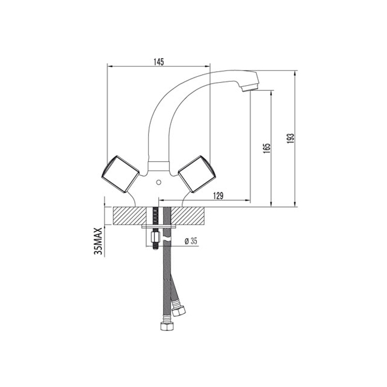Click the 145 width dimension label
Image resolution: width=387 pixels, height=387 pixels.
(159, 62)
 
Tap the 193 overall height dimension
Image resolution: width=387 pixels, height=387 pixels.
(292, 138)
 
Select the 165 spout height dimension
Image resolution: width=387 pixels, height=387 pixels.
(267, 149)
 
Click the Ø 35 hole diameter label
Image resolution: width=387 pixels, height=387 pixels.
(191, 241)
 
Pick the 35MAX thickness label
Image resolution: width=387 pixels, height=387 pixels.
(98, 241)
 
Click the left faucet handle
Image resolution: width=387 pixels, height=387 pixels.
(120, 174)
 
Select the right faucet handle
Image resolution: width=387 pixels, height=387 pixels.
(197, 174)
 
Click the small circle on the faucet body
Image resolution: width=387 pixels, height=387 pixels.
(159, 182)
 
